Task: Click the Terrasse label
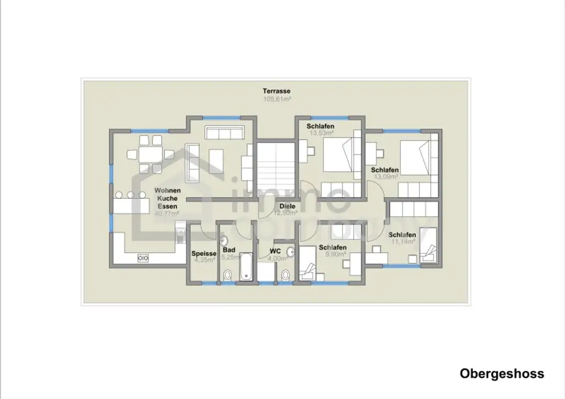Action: (x=276, y=91)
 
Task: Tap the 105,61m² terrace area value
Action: (x=276, y=99)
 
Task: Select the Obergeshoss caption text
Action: (x=502, y=374)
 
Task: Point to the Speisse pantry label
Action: (x=204, y=253)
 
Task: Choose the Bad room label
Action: (x=229, y=250)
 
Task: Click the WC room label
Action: (x=275, y=251)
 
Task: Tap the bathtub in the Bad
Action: (x=246, y=268)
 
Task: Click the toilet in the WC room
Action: (x=285, y=274)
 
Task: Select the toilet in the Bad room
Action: (x=227, y=274)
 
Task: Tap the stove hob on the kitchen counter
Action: (x=142, y=258)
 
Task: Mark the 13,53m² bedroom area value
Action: (x=321, y=133)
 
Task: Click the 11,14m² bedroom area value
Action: (x=403, y=242)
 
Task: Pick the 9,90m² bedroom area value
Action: (x=334, y=254)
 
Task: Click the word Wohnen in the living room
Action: (x=167, y=190)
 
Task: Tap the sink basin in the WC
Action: (x=291, y=252)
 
